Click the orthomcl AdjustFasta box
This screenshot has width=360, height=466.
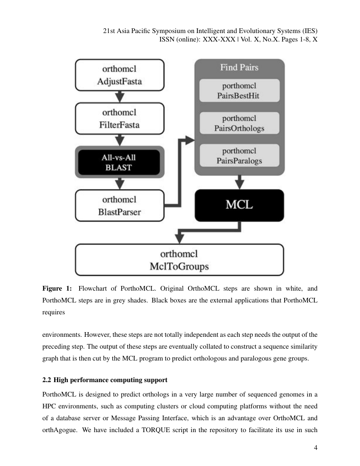click(119, 75)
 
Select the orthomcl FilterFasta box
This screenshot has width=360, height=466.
click(119, 119)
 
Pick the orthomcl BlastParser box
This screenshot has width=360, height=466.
click(119, 205)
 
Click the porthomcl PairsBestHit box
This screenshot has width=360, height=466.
click(239, 91)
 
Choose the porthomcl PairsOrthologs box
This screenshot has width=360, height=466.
click(239, 123)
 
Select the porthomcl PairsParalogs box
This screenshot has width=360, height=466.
click(239, 155)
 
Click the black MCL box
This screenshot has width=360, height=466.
click(239, 205)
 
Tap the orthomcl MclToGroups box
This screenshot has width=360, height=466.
click(179, 260)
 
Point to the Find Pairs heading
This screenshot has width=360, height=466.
click(239, 67)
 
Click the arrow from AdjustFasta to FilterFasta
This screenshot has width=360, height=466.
click(120, 97)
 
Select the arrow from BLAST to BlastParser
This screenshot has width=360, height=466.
click(120, 183)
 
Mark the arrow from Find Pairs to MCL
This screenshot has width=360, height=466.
click(240, 183)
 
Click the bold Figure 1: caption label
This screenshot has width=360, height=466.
click(57, 289)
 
